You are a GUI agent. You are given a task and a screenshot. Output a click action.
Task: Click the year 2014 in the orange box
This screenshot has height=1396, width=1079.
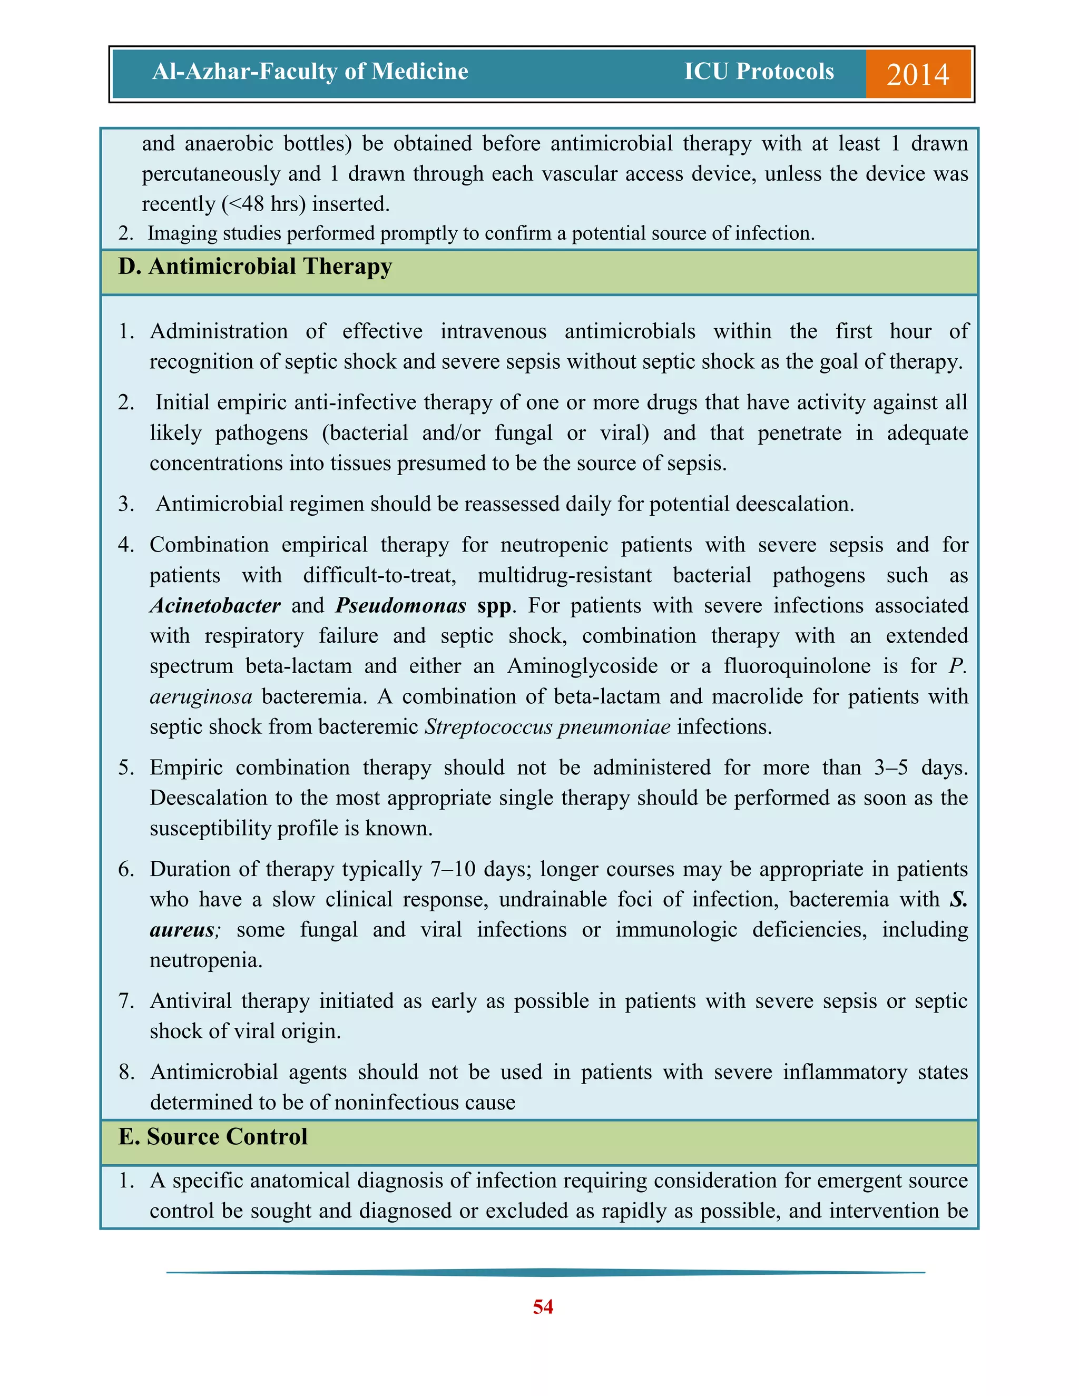[x=917, y=74]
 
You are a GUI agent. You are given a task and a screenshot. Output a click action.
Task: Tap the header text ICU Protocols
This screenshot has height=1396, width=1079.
[x=759, y=72]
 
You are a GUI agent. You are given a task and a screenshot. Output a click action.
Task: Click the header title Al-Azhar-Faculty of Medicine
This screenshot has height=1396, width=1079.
[x=310, y=72]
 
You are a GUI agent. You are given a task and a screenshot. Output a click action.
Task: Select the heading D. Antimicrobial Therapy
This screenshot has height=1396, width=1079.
[x=254, y=267]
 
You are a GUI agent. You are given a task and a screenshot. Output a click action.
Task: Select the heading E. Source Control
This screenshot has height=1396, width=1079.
[x=212, y=1136]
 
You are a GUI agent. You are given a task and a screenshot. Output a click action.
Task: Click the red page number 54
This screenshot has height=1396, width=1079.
[x=543, y=1306]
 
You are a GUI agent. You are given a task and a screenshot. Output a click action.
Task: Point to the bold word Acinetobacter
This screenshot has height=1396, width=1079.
[x=215, y=605]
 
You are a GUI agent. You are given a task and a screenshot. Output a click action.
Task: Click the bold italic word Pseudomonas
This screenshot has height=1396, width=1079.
[x=401, y=605]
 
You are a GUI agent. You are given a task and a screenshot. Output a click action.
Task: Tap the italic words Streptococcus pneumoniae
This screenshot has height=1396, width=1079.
[x=548, y=727]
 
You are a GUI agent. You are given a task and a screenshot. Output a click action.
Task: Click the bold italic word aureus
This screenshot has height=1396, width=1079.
[x=182, y=930]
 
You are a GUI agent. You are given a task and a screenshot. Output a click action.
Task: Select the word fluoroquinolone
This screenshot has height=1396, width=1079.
[x=797, y=666]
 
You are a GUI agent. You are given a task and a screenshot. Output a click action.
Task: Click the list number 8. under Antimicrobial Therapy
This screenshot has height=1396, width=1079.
[x=126, y=1072]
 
